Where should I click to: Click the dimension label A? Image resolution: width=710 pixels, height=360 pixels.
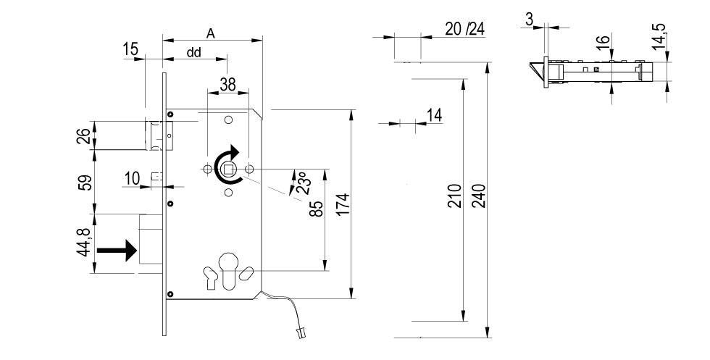click(x=211, y=33)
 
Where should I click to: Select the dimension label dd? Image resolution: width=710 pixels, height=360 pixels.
click(x=194, y=52)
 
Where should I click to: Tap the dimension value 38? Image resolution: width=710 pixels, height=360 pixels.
click(x=227, y=85)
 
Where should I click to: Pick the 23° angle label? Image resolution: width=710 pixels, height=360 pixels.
click(x=301, y=182)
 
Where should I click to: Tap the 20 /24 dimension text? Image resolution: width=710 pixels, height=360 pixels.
click(x=465, y=29)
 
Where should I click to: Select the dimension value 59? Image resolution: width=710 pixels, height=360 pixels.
click(x=85, y=183)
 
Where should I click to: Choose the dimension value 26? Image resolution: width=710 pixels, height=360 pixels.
click(x=85, y=135)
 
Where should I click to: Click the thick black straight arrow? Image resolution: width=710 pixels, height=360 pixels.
click(x=116, y=251)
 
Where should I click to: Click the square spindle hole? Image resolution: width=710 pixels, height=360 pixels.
click(x=229, y=170)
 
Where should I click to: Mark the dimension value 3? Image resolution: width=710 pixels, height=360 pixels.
click(x=530, y=19)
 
